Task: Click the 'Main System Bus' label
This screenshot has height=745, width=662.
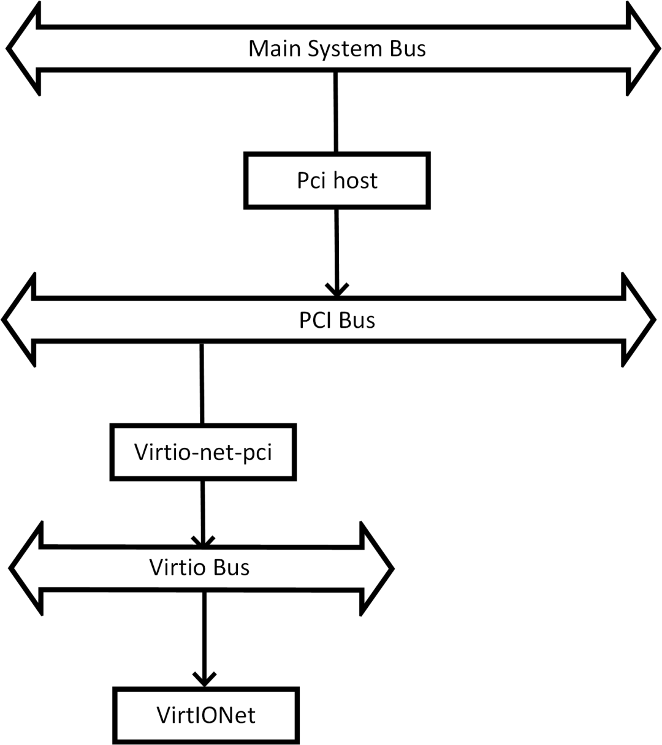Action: pyautogui.click(x=337, y=49)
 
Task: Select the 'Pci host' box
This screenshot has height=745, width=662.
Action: pyautogui.click(x=337, y=181)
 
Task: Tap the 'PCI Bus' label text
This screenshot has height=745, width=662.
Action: pyautogui.click(x=337, y=320)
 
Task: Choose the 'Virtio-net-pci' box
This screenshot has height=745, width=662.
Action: pyautogui.click(x=202, y=453)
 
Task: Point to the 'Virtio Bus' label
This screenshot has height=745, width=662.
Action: pyautogui.click(x=199, y=567)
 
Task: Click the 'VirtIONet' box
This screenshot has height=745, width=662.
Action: pyautogui.click(x=206, y=715)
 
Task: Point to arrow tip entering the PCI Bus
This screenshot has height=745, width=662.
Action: pyautogui.click(x=336, y=290)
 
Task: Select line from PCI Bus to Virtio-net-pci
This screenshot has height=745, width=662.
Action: pyautogui.click(x=201, y=383)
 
